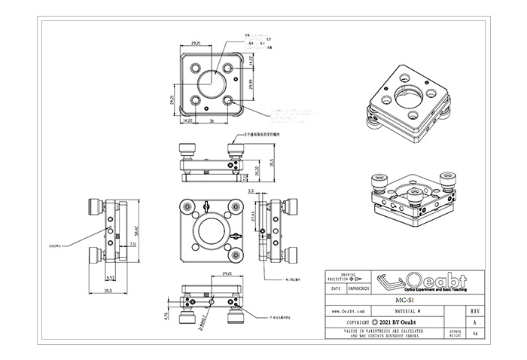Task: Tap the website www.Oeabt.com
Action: click(349, 310)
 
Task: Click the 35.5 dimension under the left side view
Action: click(108, 290)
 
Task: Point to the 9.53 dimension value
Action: click(110, 276)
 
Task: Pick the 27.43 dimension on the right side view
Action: click(252, 216)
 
